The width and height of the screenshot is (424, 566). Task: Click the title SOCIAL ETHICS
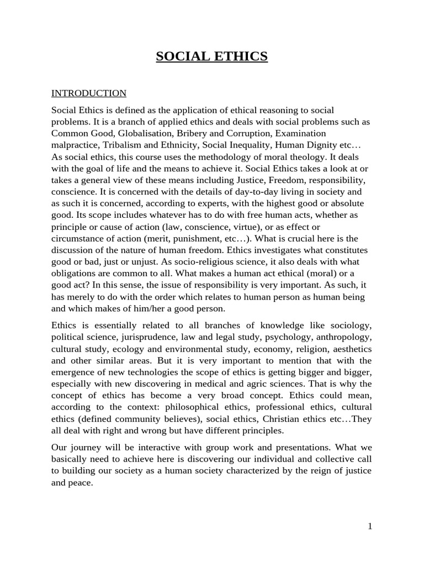click(212, 56)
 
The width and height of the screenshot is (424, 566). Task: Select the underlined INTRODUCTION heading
click(89, 93)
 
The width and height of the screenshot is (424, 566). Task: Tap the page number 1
click(370, 526)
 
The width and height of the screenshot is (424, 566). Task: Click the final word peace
click(81, 483)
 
